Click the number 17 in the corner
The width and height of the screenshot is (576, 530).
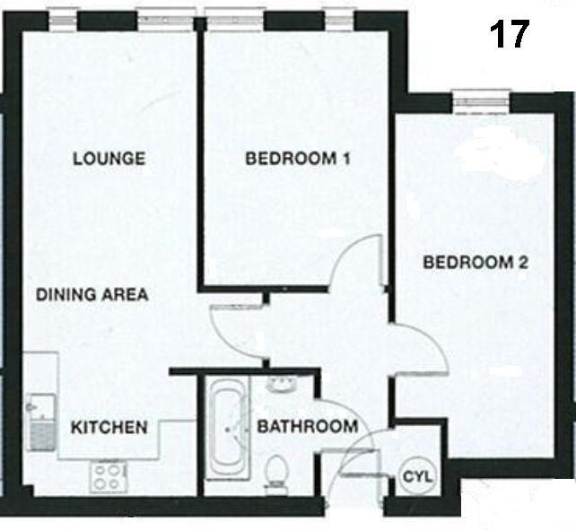point(510,35)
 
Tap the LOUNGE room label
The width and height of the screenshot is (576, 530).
point(109,160)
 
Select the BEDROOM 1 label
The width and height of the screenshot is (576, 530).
point(297,160)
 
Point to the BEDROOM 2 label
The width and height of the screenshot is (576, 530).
point(475,264)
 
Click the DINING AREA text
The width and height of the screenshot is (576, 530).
point(92,294)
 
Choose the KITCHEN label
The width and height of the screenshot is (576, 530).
point(109,427)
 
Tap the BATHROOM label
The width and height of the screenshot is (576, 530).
point(307,426)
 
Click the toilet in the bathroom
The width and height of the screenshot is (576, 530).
point(278,470)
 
